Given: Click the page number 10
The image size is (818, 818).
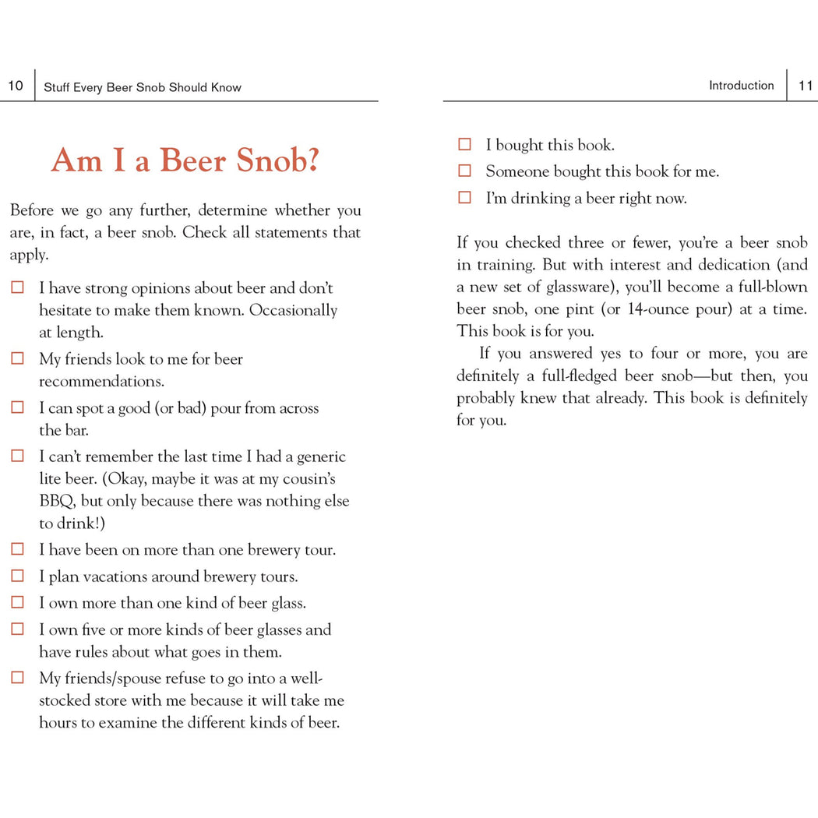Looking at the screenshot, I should [16, 86].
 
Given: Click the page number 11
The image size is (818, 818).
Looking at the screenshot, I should [806, 86].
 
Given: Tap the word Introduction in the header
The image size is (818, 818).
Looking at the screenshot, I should [741, 86].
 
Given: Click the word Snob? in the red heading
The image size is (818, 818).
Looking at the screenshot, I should [278, 160].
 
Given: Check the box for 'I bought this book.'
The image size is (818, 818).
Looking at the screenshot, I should [465, 144].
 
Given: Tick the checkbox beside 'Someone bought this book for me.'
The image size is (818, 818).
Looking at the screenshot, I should [465, 171].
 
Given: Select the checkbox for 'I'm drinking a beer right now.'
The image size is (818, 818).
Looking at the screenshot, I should [465, 198].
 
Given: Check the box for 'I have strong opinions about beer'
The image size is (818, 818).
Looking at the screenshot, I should [17, 288].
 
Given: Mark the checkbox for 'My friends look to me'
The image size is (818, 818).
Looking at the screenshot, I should [17, 359].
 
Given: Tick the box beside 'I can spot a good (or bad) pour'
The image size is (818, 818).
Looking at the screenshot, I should [17, 408].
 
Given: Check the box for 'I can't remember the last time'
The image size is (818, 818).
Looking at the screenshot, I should [17, 457].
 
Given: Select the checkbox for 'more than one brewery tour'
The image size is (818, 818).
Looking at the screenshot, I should [17, 549].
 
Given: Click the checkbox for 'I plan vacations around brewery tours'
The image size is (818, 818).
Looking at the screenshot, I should [17, 576].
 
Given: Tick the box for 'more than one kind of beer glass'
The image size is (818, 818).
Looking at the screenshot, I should [17, 603].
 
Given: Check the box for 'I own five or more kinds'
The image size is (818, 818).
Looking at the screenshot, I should [17, 629].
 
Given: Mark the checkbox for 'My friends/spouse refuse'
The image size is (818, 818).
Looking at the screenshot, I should [17, 678].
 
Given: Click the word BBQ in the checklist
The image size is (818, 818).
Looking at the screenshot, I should [57, 501].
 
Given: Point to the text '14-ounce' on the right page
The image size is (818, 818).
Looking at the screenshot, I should [657, 309].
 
